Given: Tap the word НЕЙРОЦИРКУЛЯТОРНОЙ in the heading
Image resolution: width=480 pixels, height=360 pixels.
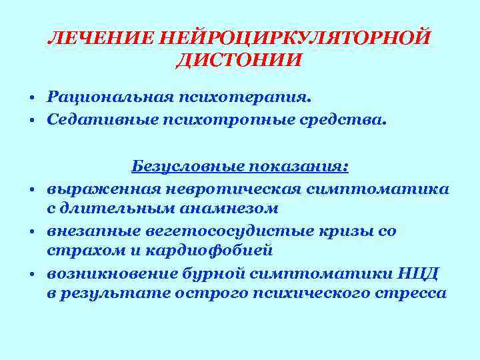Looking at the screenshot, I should click(293, 37).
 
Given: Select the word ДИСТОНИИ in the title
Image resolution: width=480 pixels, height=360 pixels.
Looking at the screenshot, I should click(239, 61).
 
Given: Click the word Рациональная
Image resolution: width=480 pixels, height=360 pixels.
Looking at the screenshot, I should click(109, 97).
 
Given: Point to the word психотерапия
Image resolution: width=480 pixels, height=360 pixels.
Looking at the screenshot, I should click(244, 97).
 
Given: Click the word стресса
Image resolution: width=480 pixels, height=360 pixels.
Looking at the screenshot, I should click(414, 293).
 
